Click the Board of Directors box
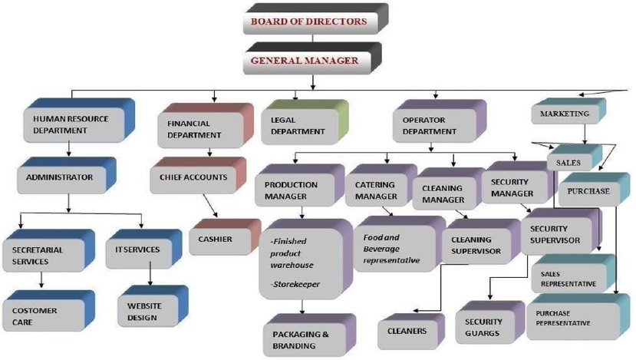point(308,21)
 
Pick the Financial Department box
point(196,129)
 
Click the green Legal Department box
point(298,125)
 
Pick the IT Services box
point(138,250)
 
